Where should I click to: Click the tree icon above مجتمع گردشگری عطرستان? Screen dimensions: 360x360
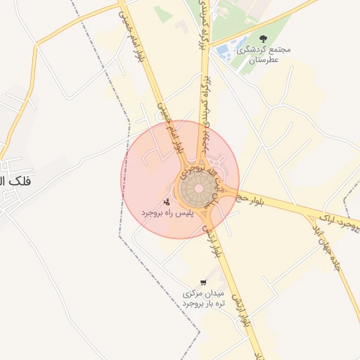pyautogui.click(x=264, y=39)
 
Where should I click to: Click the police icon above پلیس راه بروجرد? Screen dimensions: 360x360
pyautogui.click(x=167, y=202)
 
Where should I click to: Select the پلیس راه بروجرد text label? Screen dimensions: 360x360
pyautogui.click(x=166, y=212)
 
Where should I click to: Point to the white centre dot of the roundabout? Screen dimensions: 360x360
pyautogui.click(x=198, y=188)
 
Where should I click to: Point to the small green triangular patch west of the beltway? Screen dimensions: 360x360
pyautogui.click(x=163, y=14)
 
